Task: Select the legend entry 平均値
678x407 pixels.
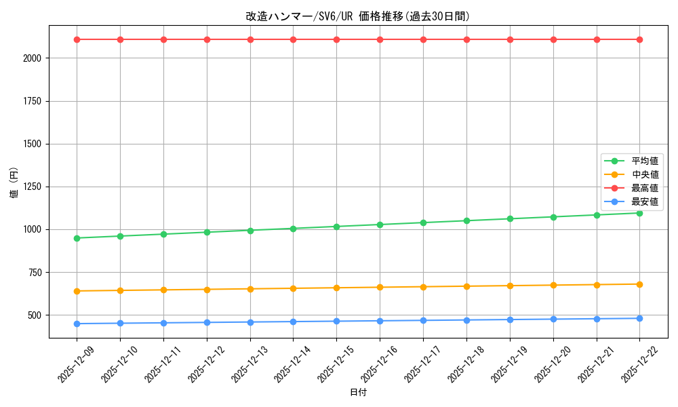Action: click(x=645, y=161)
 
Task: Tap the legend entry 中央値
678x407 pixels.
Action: click(x=645, y=174)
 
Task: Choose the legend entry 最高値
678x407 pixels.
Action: click(x=645, y=188)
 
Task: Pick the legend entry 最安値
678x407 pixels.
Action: click(x=645, y=201)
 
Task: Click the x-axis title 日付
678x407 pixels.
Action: click(x=358, y=393)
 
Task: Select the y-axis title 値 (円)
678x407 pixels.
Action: click(x=14, y=184)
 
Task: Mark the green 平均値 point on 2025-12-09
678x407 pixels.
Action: click(x=77, y=238)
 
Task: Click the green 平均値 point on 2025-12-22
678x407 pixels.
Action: click(x=639, y=213)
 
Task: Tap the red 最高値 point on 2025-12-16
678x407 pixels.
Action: click(x=380, y=39)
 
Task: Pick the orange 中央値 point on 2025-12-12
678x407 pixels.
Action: click(x=207, y=290)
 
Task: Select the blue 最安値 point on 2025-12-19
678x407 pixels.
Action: click(x=510, y=319)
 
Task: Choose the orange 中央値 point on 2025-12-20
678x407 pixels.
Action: click(x=553, y=285)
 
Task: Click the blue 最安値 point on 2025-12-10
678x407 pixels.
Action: click(x=120, y=323)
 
